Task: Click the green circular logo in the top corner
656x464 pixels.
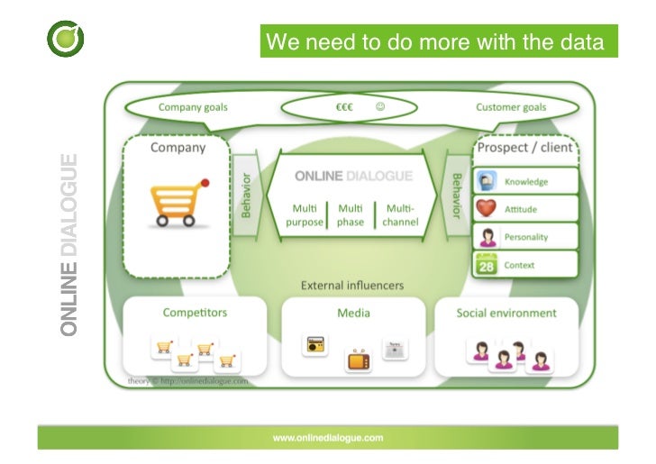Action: [66, 39]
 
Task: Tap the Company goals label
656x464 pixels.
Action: [193, 107]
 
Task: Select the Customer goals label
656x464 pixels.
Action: [511, 107]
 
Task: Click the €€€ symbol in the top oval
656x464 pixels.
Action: [343, 107]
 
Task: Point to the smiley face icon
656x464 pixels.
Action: [380, 106]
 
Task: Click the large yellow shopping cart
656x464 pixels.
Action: [178, 202]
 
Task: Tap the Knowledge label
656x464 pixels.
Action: [526, 181]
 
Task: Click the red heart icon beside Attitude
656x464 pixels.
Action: [487, 209]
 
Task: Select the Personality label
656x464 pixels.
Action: [526, 237]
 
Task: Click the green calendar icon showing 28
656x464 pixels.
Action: [487, 266]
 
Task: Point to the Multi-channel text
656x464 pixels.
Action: [400, 214]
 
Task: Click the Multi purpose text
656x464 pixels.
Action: [305, 214]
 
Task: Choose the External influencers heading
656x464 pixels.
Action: [352, 286]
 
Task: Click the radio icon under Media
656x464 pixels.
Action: [315, 344]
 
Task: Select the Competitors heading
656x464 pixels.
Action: [195, 313]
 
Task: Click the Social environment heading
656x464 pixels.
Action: [507, 313]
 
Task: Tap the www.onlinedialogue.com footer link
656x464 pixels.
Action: [328, 438]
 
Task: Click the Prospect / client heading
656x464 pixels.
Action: [524, 148]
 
